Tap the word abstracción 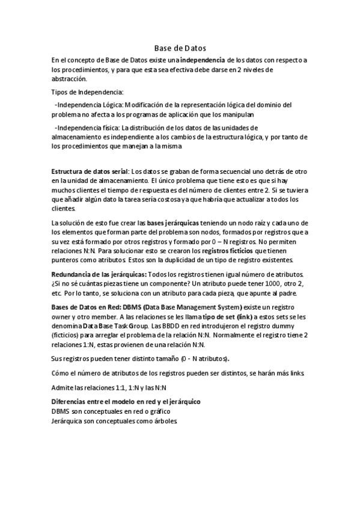coord(69,79)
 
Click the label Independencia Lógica coord(90,105)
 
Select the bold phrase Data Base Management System coord(187,307)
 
